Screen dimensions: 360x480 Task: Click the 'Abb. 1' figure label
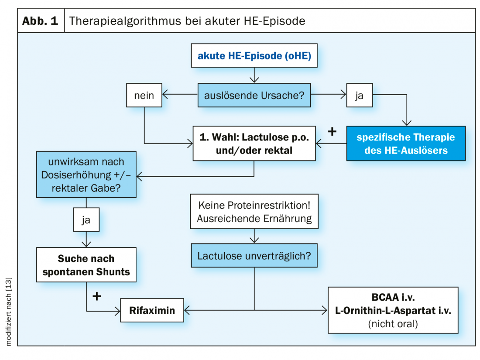tap(41, 21)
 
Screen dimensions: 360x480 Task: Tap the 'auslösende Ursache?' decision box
tap(254, 95)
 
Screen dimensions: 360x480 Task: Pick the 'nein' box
tap(144, 95)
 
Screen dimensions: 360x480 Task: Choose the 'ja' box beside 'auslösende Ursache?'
tap(360, 95)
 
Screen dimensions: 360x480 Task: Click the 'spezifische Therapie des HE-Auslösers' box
tap(406, 144)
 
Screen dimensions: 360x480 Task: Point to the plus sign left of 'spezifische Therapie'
tap(332, 131)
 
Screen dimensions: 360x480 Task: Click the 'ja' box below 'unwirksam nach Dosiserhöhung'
tap(86, 221)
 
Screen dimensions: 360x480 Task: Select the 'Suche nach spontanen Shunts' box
tap(86, 265)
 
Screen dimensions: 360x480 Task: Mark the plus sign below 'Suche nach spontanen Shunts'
tap(97, 296)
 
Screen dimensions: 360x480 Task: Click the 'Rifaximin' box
tap(152, 311)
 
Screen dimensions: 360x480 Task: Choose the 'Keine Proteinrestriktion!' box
tap(254, 212)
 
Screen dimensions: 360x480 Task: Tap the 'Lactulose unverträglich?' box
tap(254, 255)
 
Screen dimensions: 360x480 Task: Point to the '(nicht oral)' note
tap(393, 323)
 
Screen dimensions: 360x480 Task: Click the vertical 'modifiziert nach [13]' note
tap(9, 312)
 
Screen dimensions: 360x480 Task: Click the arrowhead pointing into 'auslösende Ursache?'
tap(254, 80)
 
